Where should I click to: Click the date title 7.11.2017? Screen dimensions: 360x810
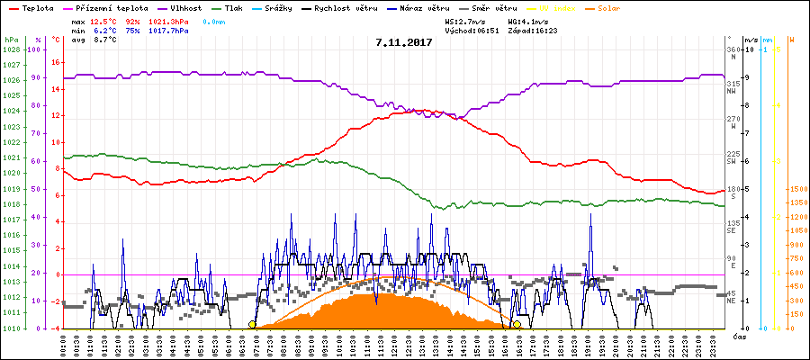pos(405,42)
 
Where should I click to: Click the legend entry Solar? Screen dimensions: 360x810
pos(621,7)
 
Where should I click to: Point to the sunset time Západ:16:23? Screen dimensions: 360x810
pos(533,30)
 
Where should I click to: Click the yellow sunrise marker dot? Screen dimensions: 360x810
pos(252,324)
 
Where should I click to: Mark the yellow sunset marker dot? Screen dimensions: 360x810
pos(517,324)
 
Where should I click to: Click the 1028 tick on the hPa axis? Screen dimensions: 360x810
pos(11,49)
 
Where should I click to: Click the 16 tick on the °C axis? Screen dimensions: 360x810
pos(55,62)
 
